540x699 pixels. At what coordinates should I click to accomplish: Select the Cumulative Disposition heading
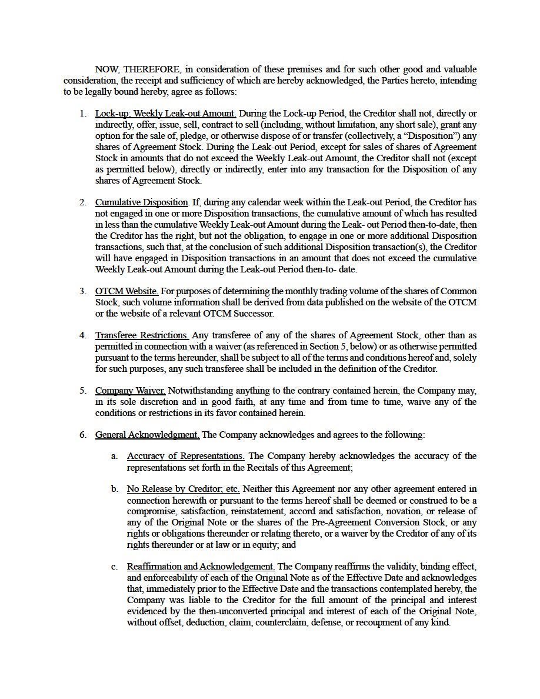[142, 203]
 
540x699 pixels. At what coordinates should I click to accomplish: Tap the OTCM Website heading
[126, 291]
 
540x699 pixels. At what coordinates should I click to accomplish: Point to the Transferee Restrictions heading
[142, 336]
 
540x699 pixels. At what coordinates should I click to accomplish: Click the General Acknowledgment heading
[147, 435]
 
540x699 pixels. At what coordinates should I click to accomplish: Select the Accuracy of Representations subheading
[185, 456]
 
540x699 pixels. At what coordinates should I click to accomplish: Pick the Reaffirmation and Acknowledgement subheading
[201, 567]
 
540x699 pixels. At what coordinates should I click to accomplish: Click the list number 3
[83, 291]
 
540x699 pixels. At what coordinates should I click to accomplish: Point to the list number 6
[83, 435]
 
